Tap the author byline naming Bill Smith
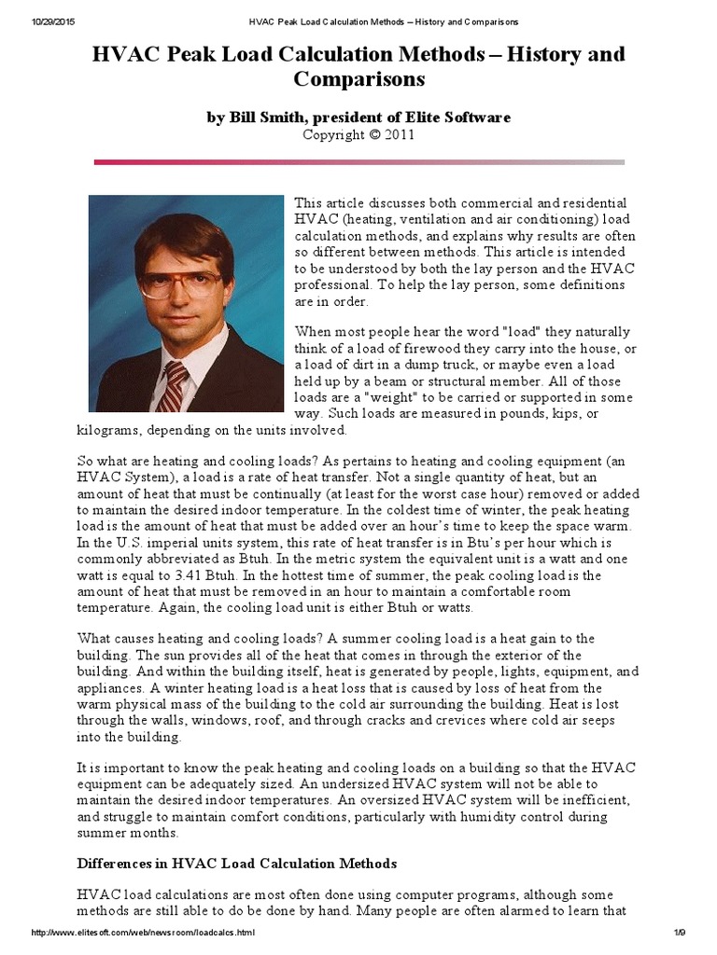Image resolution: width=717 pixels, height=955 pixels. [x=358, y=118]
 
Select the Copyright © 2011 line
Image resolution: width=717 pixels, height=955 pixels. [x=358, y=134]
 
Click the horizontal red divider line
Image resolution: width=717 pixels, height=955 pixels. [x=358, y=162]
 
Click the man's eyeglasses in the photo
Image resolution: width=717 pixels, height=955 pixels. [x=181, y=281]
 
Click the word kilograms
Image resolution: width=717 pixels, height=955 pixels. [x=106, y=430]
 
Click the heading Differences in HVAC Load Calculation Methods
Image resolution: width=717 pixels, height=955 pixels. [x=236, y=863]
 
